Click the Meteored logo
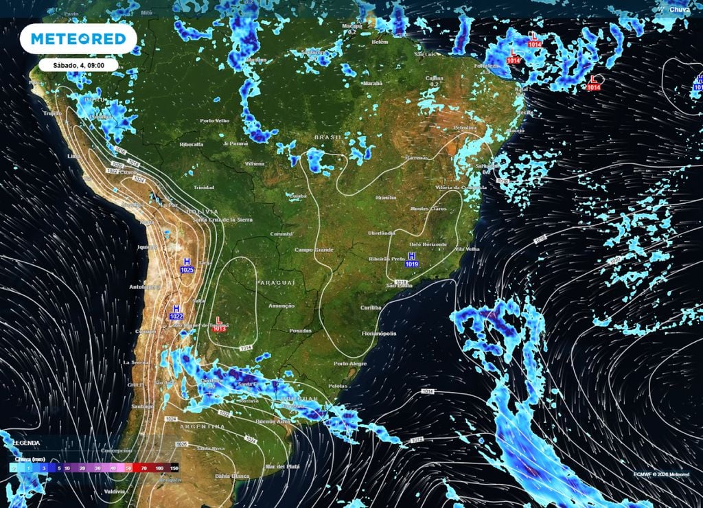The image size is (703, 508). coord(78,39)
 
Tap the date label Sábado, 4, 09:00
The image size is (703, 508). coord(78,65)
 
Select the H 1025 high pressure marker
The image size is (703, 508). coord(187,266)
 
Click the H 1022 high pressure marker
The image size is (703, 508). coord(176,312)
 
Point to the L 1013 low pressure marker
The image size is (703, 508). coord(219,324)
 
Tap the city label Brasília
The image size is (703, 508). coord(386,198)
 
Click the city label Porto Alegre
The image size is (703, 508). coord(350,363)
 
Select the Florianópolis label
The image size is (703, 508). coord(379,334)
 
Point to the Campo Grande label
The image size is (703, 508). coord(314,250)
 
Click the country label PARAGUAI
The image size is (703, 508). coord(275,283)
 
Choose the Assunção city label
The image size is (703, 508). coord(281,305)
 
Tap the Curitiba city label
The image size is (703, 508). coord(371,308)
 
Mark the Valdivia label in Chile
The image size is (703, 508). coord(115,492)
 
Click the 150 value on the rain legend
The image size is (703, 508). coord(174,467)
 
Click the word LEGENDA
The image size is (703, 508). coord(26,443)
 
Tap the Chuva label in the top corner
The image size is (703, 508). coord(680,10)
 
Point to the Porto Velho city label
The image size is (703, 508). coord(214,121)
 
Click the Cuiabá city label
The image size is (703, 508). coord(297,196)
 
